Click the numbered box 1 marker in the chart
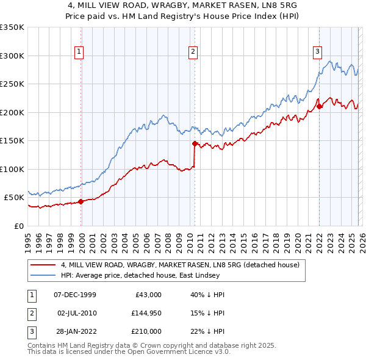pyautogui.click(x=80, y=52)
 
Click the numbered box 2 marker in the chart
pyautogui.click(x=193, y=52)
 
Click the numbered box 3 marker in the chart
pyautogui.click(x=318, y=52)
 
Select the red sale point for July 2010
pyautogui.click(x=195, y=144)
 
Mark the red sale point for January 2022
pyautogui.click(x=319, y=107)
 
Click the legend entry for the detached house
pyautogui.click(x=180, y=265)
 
